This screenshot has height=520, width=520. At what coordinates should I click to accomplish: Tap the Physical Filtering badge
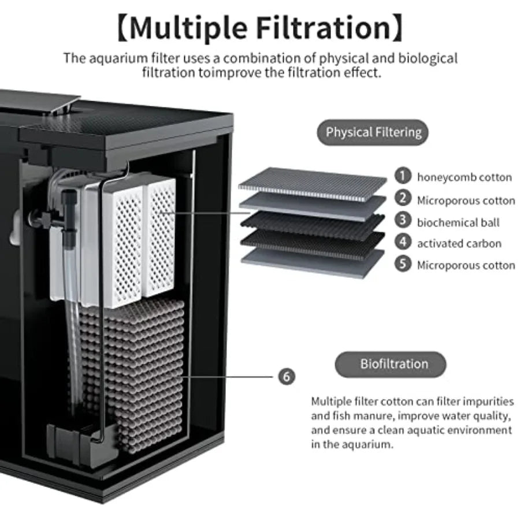pos(373,132)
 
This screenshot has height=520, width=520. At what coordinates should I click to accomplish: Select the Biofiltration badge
pos(391,364)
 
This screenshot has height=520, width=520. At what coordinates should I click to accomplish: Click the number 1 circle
pos(403,176)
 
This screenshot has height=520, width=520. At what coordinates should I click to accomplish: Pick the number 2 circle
pos(403,199)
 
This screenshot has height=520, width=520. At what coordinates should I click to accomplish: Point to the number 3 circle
pos(403,222)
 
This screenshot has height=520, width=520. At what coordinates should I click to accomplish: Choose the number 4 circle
pos(403,243)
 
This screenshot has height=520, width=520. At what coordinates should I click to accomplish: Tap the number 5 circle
pos(403,265)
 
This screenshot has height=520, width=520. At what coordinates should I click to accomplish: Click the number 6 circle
pos(287,377)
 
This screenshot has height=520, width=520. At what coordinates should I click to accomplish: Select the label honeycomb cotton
pos(465,177)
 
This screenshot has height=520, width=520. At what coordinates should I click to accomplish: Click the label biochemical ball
pos(458,222)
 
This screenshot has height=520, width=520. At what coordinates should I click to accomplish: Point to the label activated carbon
pos(459,244)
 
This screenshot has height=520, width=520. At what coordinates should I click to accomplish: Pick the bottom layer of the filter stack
pos(313,263)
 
